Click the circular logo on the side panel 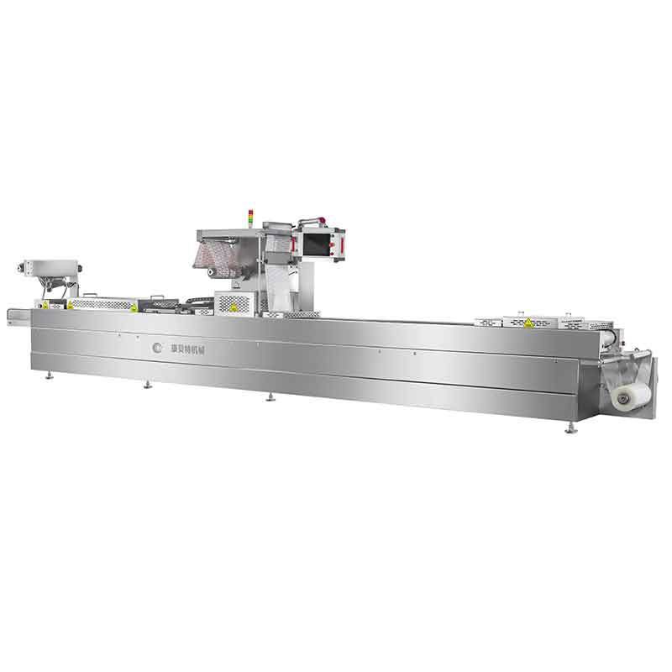coord(155,346)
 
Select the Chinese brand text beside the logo coord(185,346)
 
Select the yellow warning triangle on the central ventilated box coord(232,308)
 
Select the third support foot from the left coord(271,396)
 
